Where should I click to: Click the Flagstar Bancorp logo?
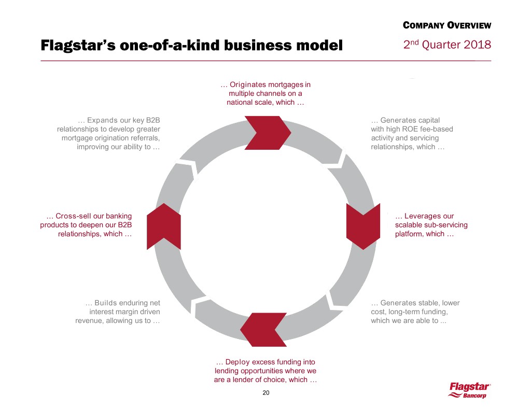coord(470,390)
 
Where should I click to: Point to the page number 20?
coord(266,393)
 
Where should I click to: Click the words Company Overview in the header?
coord(446,25)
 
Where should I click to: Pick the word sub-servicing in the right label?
coord(447,225)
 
